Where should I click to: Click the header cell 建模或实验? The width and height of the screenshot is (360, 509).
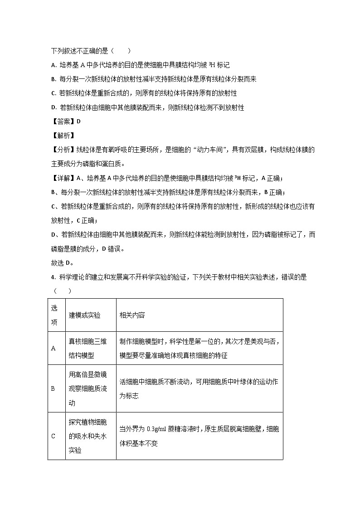pyautogui.click(x=85, y=315)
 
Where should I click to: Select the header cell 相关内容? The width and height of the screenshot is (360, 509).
pyautogui.click(x=132, y=315)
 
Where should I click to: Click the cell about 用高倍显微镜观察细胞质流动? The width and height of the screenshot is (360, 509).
pyautogui.click(x=88, y=388)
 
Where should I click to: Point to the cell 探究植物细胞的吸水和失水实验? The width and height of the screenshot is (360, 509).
pyautogui.click(x=88, y=436)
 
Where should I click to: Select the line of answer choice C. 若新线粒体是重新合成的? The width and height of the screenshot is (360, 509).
pyautogui.click(x=144, y=93)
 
